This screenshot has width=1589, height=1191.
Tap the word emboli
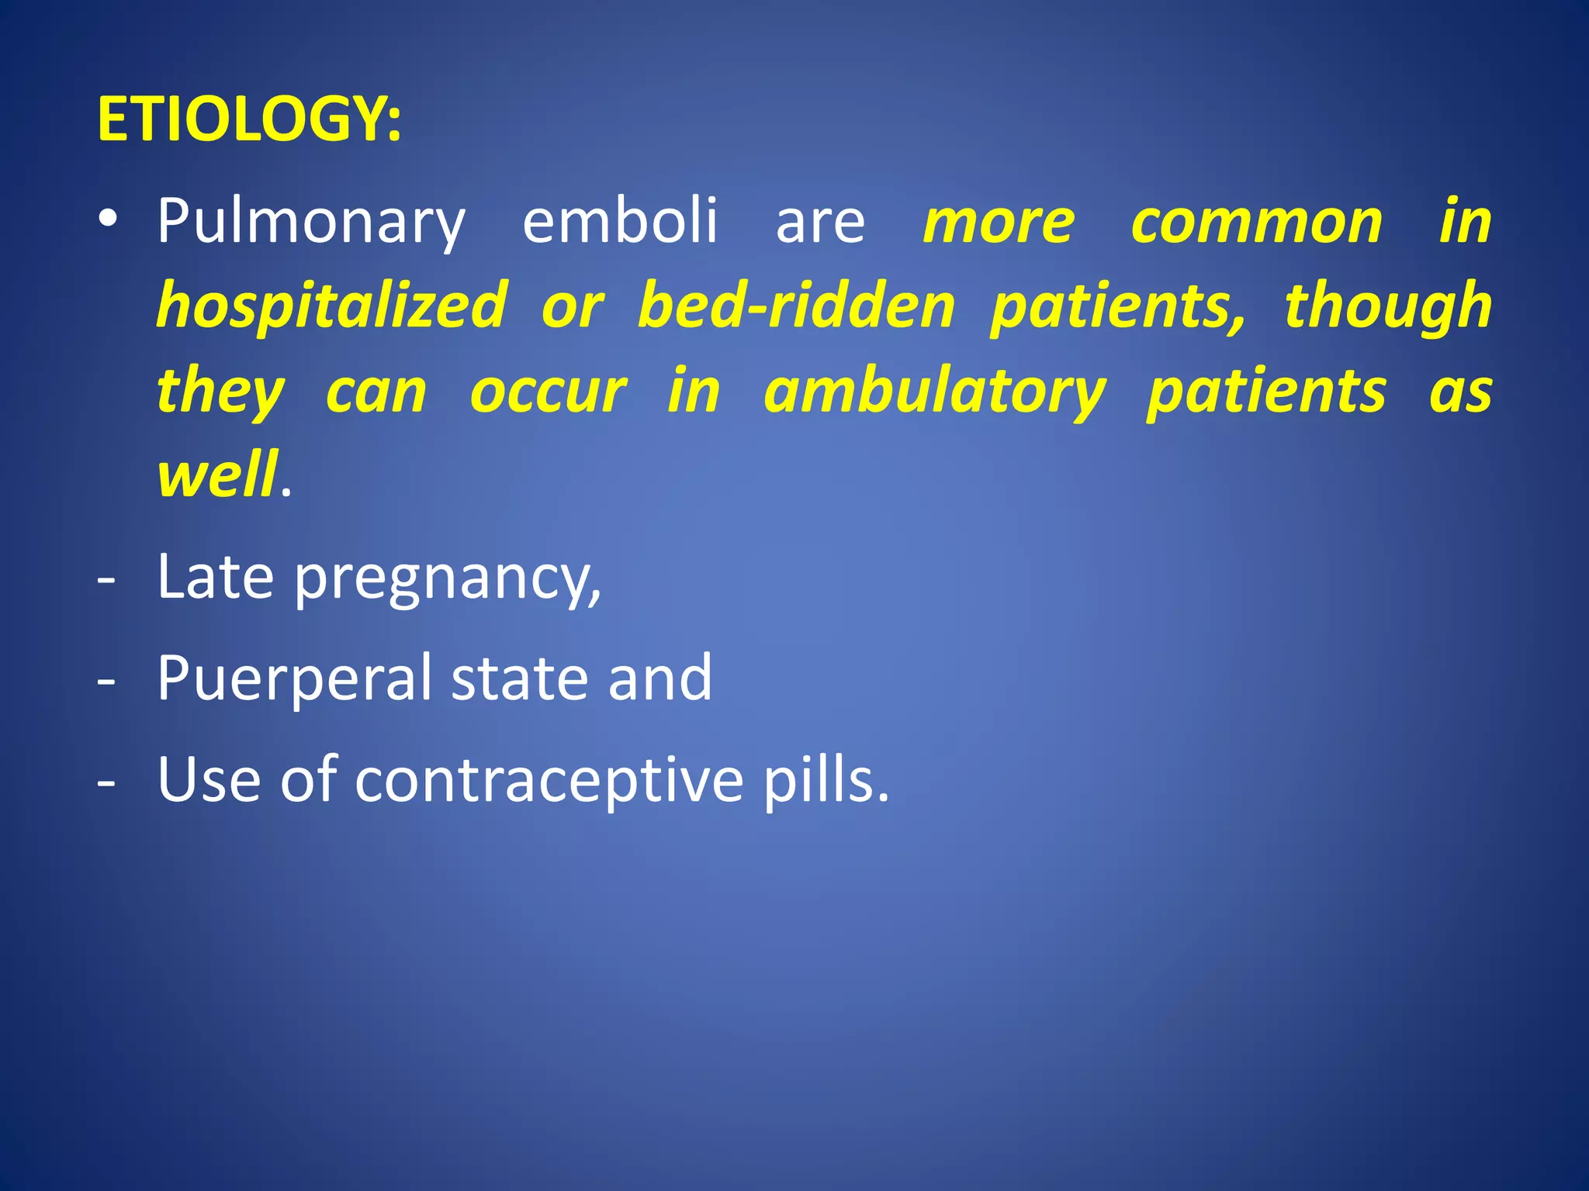click(x=620, y=221)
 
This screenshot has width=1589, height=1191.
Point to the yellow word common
click(x=1256, y=223)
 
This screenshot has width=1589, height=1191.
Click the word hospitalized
click(x=332, y=306)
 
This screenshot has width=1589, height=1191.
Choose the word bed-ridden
click(x=796, y=306)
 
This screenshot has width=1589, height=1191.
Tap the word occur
click(x=548, y=392)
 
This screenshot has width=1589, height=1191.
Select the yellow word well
click(x=216, y=475)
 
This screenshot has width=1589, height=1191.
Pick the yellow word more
click(x=999, y=223)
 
